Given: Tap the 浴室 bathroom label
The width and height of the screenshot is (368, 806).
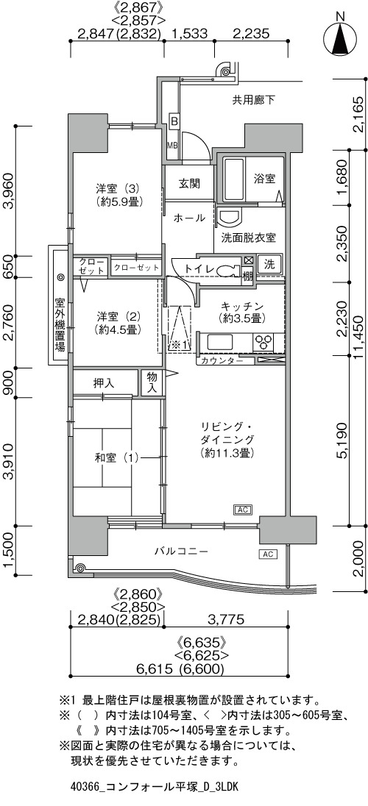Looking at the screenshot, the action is click(x=264, y=179).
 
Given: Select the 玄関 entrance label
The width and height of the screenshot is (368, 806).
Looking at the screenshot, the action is click(x=189, y=184).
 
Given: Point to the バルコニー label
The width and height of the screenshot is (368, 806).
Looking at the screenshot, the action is click(x=182, y=552).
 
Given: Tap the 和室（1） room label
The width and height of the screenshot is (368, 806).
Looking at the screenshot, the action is click(x=117, y=457).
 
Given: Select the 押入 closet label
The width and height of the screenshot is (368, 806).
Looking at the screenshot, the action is click(x=104, y=383).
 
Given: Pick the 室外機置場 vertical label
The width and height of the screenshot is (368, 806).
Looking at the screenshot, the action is click(x=61, y=324).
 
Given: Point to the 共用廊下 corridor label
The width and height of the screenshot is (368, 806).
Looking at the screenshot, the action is click(x=252, y=100).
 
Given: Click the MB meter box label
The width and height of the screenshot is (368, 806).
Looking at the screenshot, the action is click(x=172, y=144).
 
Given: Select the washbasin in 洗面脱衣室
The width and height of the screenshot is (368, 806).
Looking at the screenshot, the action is click(x=228, y=217).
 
